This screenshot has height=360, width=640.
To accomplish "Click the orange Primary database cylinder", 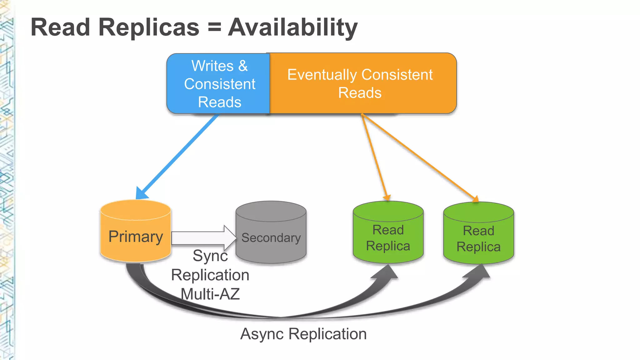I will (x=135, y=231).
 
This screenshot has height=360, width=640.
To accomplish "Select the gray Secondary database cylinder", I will (x=271, y=233).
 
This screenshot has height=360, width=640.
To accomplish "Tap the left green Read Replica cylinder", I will (x=388, y=233).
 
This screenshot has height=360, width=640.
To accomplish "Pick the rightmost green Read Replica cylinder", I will (x=478, y=234).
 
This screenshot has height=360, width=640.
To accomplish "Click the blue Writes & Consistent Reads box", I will (x=219, y=84).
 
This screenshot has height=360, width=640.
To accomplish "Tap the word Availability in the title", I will (x=293, y=27).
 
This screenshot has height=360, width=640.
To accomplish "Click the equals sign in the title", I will (x=214, y=27).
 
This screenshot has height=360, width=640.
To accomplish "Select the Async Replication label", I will (x=303, y=334).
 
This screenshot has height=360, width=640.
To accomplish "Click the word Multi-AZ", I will (x=210, y=294).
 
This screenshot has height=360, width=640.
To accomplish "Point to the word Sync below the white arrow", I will (x=210, y=256).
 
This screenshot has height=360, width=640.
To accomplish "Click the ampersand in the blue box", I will (x=243, y=66).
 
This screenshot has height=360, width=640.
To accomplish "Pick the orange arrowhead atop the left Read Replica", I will (x=387, y=197).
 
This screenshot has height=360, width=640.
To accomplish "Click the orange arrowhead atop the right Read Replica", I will (x=475, y=199).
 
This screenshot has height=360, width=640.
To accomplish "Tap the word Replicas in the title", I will (x=149, y=27).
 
